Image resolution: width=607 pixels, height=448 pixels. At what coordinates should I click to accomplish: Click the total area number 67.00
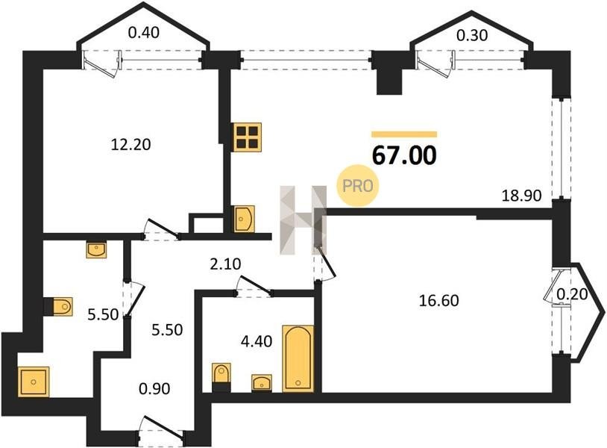tap(404, 155)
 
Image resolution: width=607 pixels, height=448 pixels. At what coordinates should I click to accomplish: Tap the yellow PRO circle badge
tap(357, 186)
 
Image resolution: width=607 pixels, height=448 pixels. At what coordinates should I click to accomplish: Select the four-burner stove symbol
tap(247, 137)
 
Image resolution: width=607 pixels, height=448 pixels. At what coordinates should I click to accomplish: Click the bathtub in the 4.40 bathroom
tap(298, 358)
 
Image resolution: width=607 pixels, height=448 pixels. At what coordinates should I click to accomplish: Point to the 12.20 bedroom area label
tap(130, 145)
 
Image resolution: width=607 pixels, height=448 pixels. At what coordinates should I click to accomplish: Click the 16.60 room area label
tap(439, 300)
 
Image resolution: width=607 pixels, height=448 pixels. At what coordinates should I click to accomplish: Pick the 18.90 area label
tap(521, 196)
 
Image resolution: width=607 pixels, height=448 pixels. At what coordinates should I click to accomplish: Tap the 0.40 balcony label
tap(144, 33)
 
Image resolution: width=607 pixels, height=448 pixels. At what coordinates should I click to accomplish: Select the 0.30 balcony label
tap(472, 36)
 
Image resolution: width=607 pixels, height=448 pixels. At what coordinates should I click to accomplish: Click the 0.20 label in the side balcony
tap(572, 294)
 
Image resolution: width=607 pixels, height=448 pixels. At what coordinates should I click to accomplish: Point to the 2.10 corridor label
tap(225, 264)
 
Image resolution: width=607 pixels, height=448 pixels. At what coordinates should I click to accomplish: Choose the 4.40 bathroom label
tap(257, 341)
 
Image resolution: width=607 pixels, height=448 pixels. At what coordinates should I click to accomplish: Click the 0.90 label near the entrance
tap(154, 388)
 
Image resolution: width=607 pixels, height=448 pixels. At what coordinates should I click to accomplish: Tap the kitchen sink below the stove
tap(245, 219)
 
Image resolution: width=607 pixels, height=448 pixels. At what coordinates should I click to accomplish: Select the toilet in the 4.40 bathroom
tap(221, 374)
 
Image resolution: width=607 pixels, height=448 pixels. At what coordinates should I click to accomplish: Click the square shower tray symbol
tap(34, 382)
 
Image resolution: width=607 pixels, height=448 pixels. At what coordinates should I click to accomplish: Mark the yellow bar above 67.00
tap(404, 134)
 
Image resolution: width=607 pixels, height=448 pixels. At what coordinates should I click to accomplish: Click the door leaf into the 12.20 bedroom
tap(163, 228)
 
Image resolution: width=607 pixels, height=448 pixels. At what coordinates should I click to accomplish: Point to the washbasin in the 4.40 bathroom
tap(261, 383)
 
